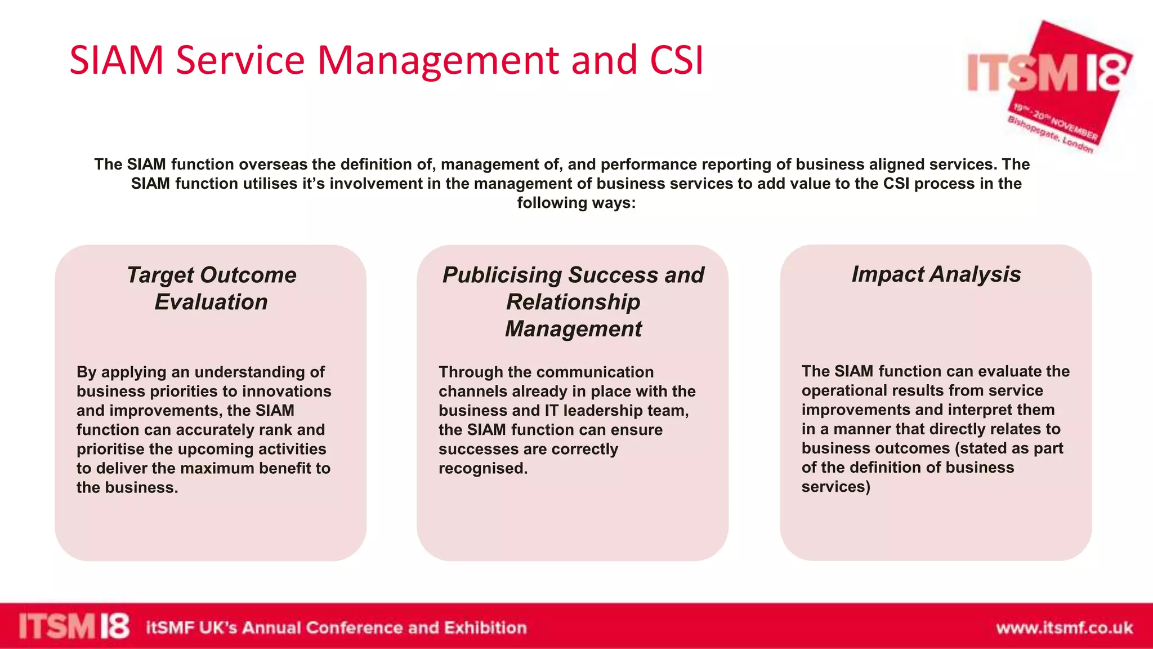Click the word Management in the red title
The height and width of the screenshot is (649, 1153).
(438, 61)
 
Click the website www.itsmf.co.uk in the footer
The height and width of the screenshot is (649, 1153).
(1064, 628)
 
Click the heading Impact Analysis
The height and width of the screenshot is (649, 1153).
(936, 274)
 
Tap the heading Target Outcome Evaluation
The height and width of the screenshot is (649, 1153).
(211, 288)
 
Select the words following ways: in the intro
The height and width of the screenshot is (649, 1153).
(576, 203)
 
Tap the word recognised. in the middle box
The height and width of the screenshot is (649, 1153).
(483, 468)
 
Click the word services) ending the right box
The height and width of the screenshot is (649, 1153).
(835, 487)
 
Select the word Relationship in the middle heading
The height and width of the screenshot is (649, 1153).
(573, 302)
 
